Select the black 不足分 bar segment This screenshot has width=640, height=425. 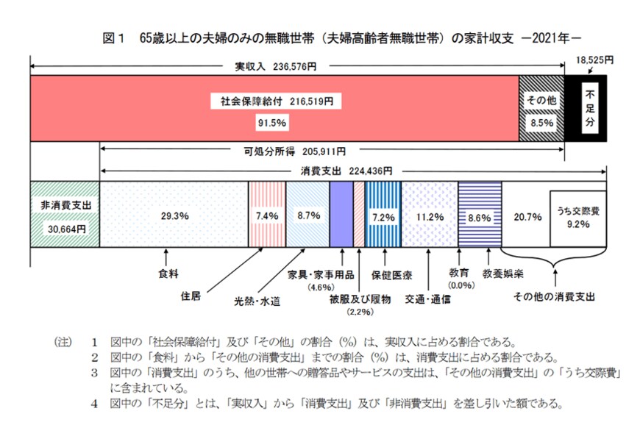pos(589,107)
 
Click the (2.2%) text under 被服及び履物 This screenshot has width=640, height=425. pos(358,312)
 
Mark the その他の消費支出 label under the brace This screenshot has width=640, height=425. pos(553,298)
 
